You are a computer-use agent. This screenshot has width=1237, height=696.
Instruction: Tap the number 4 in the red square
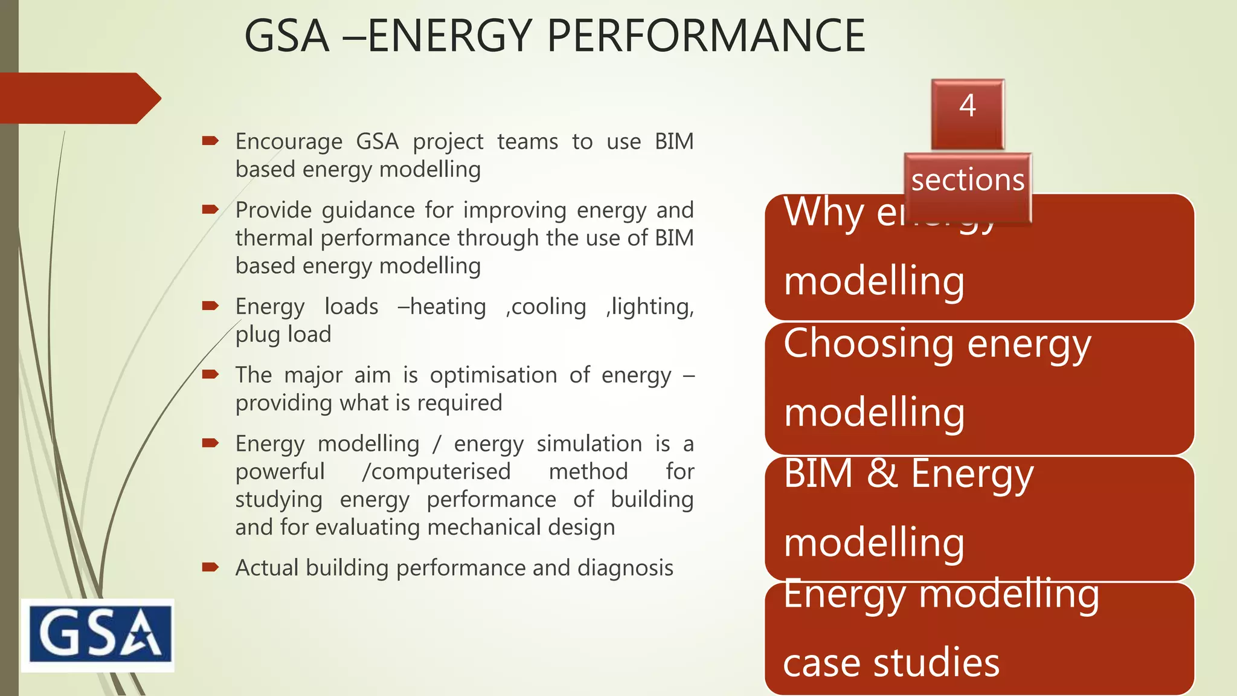[967, 106]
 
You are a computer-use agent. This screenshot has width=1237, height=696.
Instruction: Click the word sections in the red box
[968, 181]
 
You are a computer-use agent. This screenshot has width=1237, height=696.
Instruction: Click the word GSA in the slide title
[287, 36]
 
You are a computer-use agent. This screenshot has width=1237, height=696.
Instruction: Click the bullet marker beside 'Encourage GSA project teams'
[210, 141]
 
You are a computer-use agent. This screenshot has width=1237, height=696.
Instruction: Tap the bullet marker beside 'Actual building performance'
[210, 567]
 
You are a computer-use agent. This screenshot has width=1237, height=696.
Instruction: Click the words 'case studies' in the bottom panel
[891, 663]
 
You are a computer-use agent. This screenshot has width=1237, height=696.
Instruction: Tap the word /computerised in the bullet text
[436, 471]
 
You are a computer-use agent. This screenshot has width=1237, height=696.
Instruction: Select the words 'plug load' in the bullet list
[283, 335]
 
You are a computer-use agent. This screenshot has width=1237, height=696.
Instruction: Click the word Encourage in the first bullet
[289, 142]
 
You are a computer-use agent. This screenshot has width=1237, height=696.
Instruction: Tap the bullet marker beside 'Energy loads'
[210, 306]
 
